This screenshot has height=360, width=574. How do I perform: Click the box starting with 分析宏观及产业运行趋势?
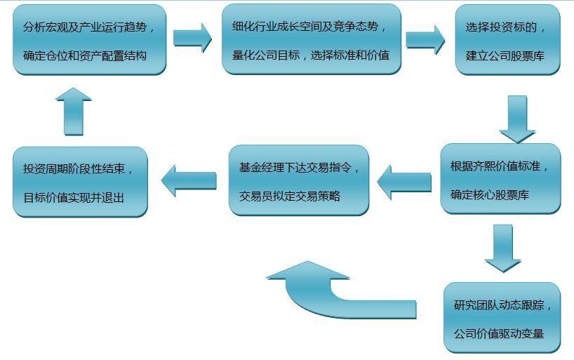click(x=89, y=40)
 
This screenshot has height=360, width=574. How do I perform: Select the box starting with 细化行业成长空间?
click(x=311, y=39)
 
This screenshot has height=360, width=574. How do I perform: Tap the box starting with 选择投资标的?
click(x=507, y=40)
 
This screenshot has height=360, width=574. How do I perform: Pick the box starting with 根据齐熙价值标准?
click(x=500, y=179)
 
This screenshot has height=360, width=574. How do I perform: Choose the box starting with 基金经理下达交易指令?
click(x=299, y=180)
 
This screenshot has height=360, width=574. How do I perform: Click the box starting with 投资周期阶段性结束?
click(x=80, y=182)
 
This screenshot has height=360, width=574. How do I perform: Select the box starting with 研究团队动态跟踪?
click(x=502, y=318)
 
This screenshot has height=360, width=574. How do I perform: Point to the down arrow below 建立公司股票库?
click(x=517, y=119)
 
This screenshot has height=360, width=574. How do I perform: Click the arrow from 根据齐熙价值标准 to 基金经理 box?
click(x=403, y=182)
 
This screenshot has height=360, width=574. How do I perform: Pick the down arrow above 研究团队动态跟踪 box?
click(x=503, y=248)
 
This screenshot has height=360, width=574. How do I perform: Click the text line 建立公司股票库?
click(x=505, y=55)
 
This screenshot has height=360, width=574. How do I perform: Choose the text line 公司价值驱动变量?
click(x=499, y=333)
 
